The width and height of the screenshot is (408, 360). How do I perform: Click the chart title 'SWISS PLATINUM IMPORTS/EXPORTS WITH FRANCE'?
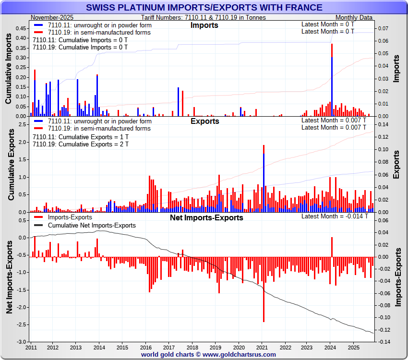(204, 8)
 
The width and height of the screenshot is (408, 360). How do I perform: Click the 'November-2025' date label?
(52, 17)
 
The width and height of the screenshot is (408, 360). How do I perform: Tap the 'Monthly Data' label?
(354, 17)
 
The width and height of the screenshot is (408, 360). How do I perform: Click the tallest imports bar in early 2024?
(332, 82)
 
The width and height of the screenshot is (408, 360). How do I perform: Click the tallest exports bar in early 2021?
(264, 178)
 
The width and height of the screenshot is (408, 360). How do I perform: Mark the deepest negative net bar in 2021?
(264, 288)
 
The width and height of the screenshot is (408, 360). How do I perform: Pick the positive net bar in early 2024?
(332, 247)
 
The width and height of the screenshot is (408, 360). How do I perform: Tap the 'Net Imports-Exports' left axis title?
(9, 278)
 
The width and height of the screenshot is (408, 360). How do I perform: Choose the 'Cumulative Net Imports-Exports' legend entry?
(92, 225)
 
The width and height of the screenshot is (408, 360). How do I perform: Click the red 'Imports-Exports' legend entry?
(70, 217)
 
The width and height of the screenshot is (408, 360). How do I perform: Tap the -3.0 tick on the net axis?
(21, 341)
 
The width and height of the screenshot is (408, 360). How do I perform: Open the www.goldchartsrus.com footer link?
(239, 354)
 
